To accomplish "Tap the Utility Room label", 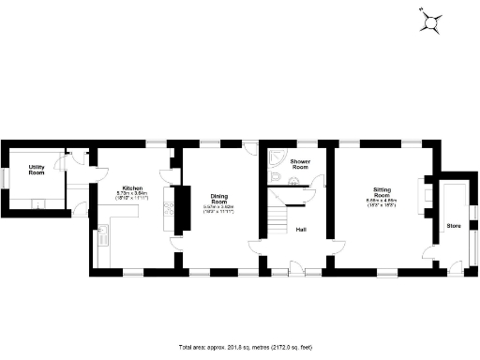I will tap(37, 170).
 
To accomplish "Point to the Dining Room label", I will tap(218, 200).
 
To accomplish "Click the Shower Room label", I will tap(300, 165).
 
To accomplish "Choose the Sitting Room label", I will tap(382, 191).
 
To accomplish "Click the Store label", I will tap(454, 226).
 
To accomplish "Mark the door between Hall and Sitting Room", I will tap(329, 246).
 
